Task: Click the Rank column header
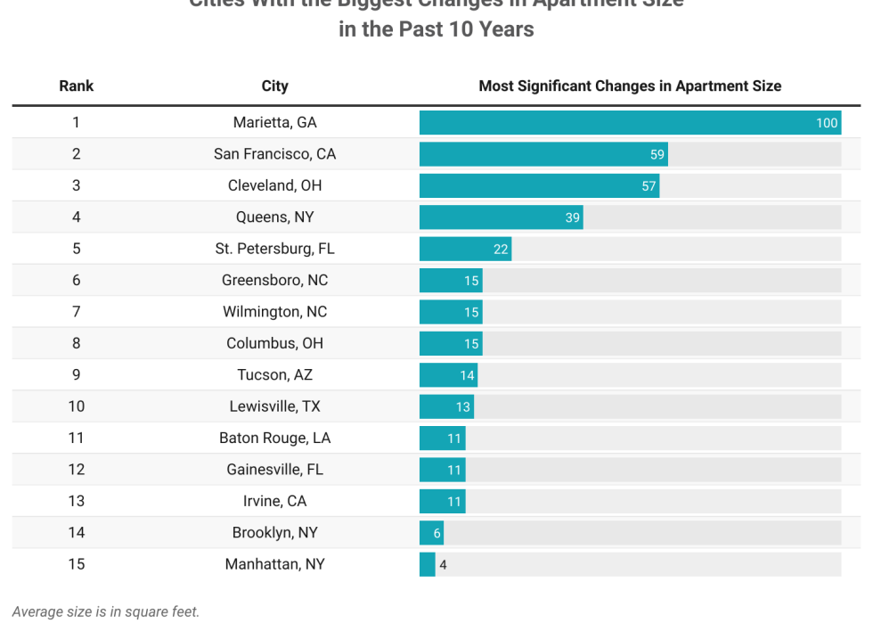(x=76, y=86)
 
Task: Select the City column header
(x=274, y=86)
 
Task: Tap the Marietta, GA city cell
(x=274, y=122)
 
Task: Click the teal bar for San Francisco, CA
(x=534, y=154)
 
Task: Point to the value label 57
(x=649, y=186)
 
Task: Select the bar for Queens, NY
(x=499, y=217)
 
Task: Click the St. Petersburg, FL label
(x=274, y=249)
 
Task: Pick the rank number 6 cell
(x=76, y=280)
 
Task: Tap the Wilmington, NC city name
(x=274, y=312)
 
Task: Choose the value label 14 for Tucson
(x=467, y=375)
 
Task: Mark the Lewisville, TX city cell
(x=274, y=406)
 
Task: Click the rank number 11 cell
(x=76, y=438)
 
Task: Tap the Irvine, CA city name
(x=274, y=501)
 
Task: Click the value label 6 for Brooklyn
(x=437, y=533)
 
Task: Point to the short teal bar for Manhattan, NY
(x=428, y=564)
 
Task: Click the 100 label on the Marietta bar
(x=827, y=123)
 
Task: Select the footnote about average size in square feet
(x=106, y=611)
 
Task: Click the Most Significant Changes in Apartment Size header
(x=630, y=86)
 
